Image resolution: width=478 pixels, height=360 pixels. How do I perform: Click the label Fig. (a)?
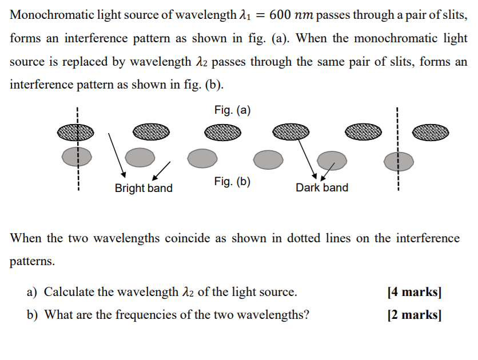233,110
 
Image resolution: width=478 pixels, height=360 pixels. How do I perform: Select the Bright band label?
144,188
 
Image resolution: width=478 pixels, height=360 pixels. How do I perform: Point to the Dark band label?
322,187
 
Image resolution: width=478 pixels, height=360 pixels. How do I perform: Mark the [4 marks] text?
414,293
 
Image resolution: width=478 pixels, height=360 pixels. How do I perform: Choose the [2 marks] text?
414,314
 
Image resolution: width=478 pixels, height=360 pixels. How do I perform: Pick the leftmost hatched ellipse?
75,133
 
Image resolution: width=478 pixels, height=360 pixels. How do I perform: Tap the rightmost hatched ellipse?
431,133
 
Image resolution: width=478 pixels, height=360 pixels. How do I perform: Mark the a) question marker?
32,293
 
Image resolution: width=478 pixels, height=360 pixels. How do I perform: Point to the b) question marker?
33,314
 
